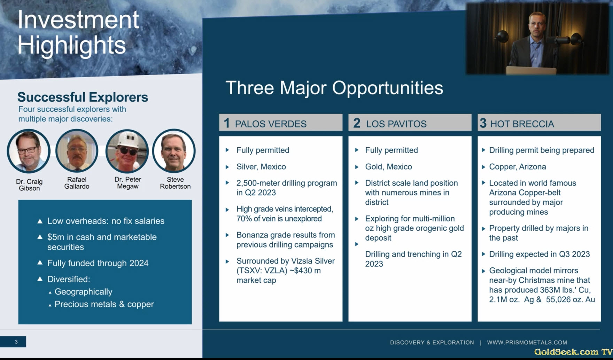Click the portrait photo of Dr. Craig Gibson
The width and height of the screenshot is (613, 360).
[29, 151]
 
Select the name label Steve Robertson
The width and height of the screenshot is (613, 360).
[175, 183]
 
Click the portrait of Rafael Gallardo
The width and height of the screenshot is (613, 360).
[77, 151]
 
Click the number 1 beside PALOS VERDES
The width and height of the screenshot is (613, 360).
[227, 123]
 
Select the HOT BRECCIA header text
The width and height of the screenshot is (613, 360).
[522, 124]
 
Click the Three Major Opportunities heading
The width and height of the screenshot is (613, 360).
[334, 87]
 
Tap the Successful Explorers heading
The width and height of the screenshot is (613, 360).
[83, 97]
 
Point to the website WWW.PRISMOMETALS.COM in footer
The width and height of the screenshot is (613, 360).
[527, 342]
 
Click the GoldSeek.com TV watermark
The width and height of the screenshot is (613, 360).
[573, 352]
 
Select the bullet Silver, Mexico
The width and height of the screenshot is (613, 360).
[261, 166]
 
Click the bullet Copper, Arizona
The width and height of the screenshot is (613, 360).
[517, 166]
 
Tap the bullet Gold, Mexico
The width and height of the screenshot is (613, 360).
[388, 166]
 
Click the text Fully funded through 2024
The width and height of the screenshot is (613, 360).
[98, 263]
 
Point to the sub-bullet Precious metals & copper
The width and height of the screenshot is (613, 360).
[104, 304]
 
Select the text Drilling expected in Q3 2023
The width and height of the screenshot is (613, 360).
[539, 254]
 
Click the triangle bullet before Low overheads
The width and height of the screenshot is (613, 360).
[40, 221]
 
